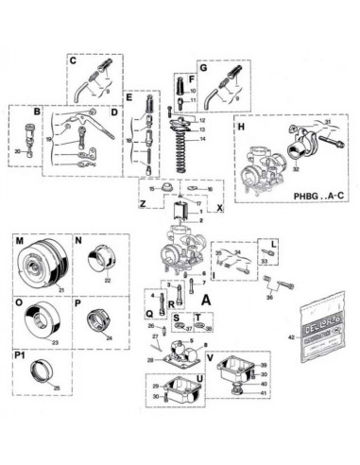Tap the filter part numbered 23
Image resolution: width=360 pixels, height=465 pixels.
(x=42, y=321)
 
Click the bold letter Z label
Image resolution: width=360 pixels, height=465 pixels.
(x=143, y=203)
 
